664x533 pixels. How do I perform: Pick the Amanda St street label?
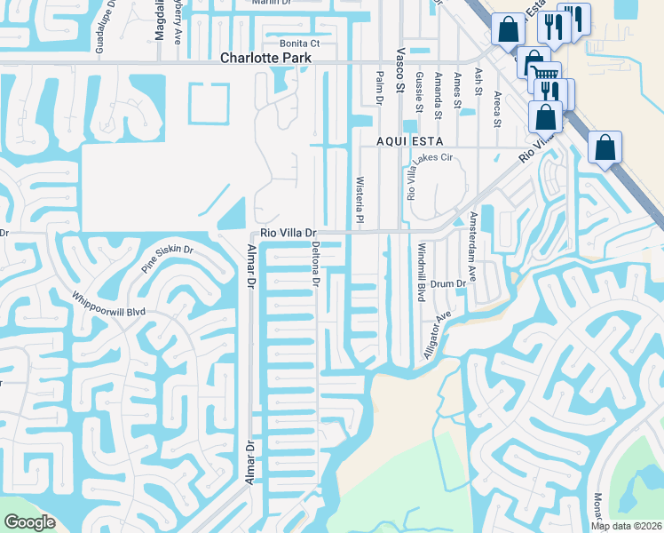pos(438,96)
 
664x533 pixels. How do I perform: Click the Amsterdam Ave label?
pos(473,246)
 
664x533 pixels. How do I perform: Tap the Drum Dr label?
pos(448,283)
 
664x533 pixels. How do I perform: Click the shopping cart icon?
pos(547,75)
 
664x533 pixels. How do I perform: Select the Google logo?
pos(30,522)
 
